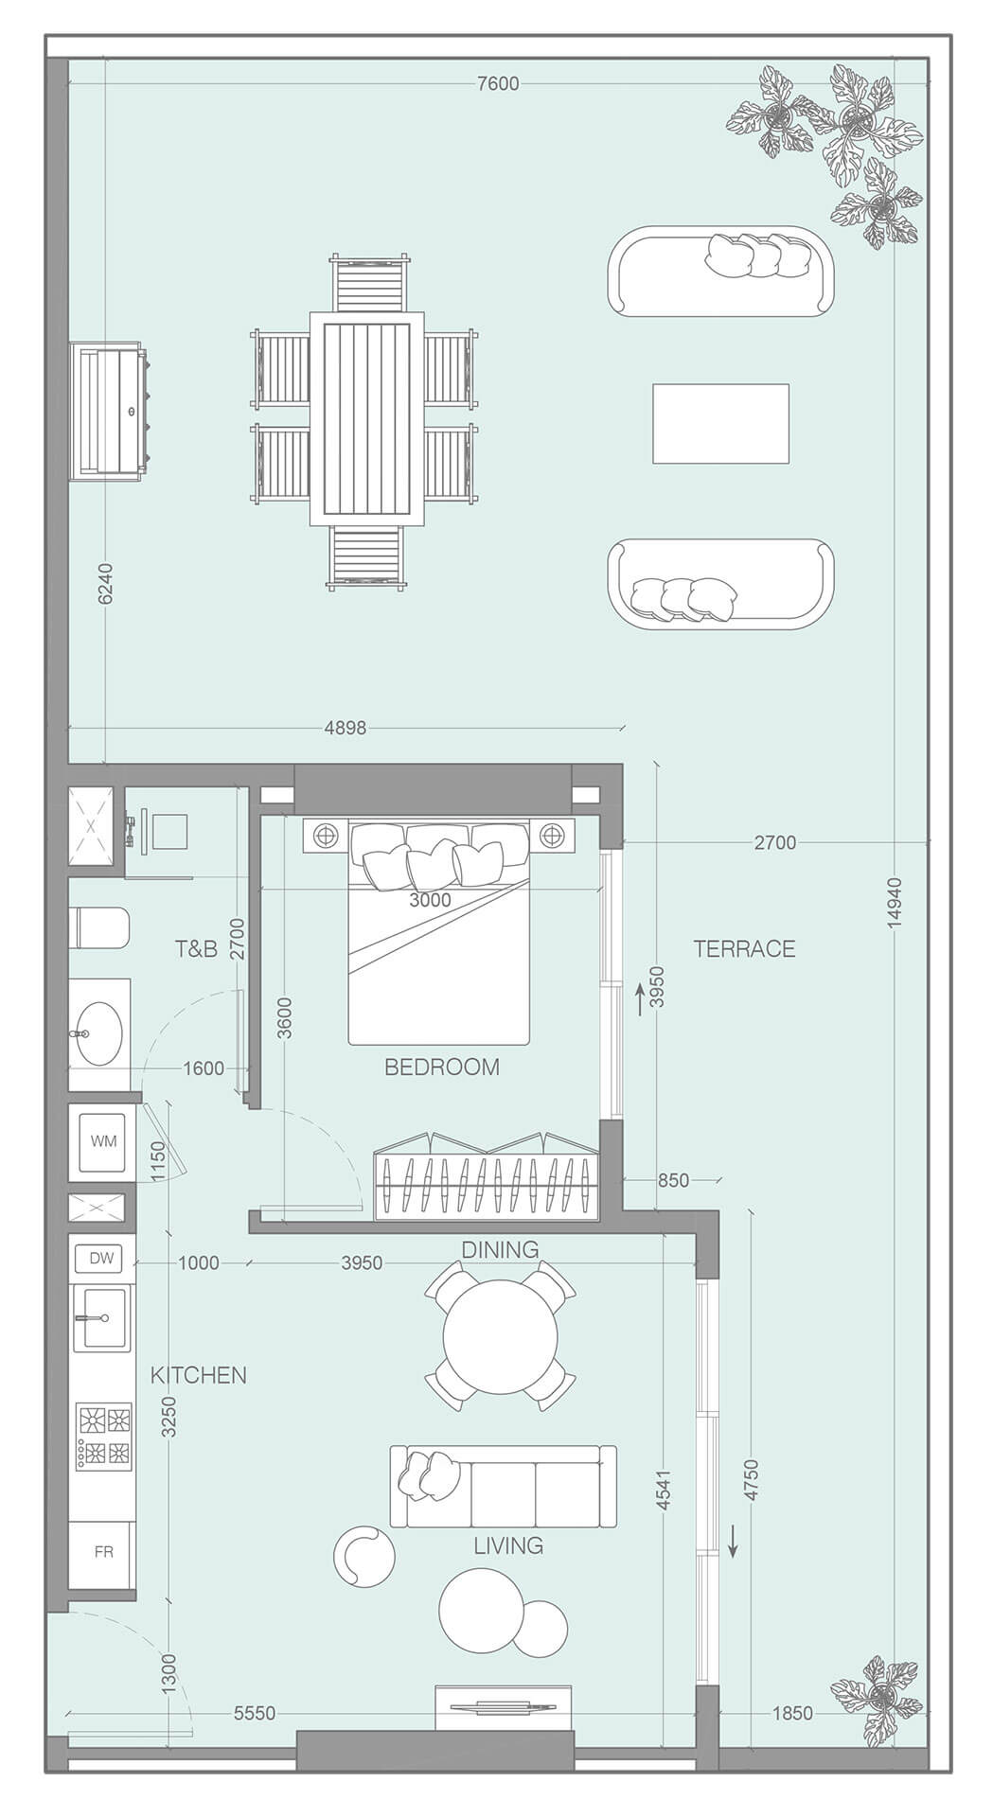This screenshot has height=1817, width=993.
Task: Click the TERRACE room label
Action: pos(744,949)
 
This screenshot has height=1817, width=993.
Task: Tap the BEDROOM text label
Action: pos(441,1067)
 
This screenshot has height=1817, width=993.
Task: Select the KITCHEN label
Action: pos(198,1375)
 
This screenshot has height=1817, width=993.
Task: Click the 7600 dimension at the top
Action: pos(498,83)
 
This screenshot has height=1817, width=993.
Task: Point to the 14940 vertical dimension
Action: pos(895,903)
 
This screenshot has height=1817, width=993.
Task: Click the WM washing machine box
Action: pos(103,1141)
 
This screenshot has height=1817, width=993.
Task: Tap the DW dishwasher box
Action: pos(101,1259)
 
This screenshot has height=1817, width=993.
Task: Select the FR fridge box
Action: pos(103,1553)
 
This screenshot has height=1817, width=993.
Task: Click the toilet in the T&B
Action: pos(98,928)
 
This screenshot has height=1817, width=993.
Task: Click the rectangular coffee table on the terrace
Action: pos(720,423)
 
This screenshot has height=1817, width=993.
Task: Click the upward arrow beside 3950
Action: pos(640,998)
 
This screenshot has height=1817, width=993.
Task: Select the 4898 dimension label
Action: pos(345,728)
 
